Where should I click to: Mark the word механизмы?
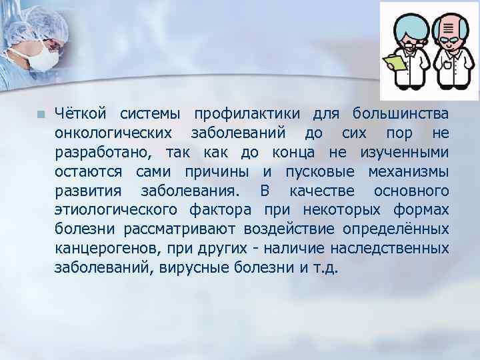(x=408, y=173)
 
